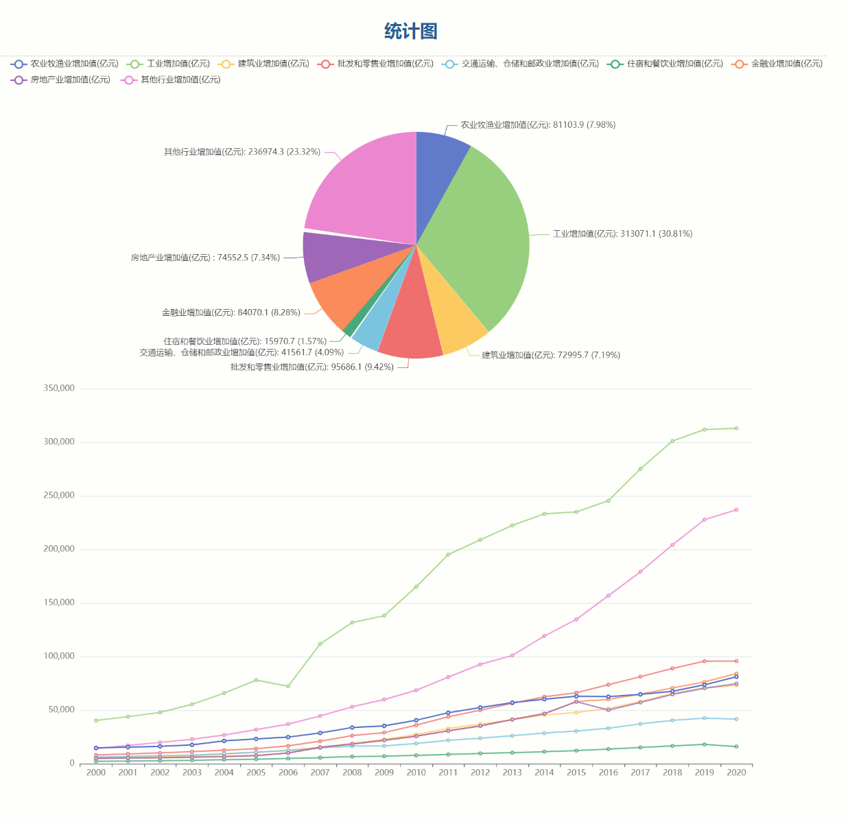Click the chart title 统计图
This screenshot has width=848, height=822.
(410, 32)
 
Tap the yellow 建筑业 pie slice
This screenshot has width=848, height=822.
(453, 323)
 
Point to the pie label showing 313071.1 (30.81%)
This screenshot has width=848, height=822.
(622, 234)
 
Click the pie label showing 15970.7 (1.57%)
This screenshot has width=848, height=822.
(245, 341)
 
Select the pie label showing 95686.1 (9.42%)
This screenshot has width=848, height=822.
(311, 367)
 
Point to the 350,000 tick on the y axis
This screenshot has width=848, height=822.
(59, 389)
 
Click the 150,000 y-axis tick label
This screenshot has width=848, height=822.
(59, 603)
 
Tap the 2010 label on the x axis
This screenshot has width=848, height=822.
(416, 773)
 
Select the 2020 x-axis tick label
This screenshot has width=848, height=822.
(736, 773)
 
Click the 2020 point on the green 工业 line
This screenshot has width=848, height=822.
(736, 429)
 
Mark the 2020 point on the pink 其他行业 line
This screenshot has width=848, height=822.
(736, 510)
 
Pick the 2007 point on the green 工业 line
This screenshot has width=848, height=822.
(320, 644)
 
